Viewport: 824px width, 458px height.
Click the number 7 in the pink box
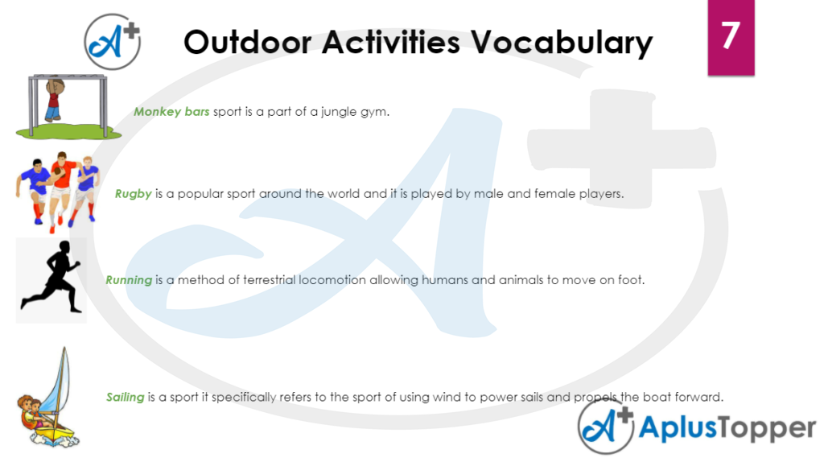[x=730, y=36]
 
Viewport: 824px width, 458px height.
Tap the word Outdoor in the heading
[x=245, y=42]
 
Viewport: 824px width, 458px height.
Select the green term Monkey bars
[x=171, y=112]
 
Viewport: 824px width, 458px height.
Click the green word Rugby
[x=133, y=194]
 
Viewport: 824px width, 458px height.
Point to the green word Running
[x=129, y=280]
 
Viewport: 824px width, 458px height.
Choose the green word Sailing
[x=126, y=397]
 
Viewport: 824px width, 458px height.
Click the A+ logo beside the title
[x=113, y=41]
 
